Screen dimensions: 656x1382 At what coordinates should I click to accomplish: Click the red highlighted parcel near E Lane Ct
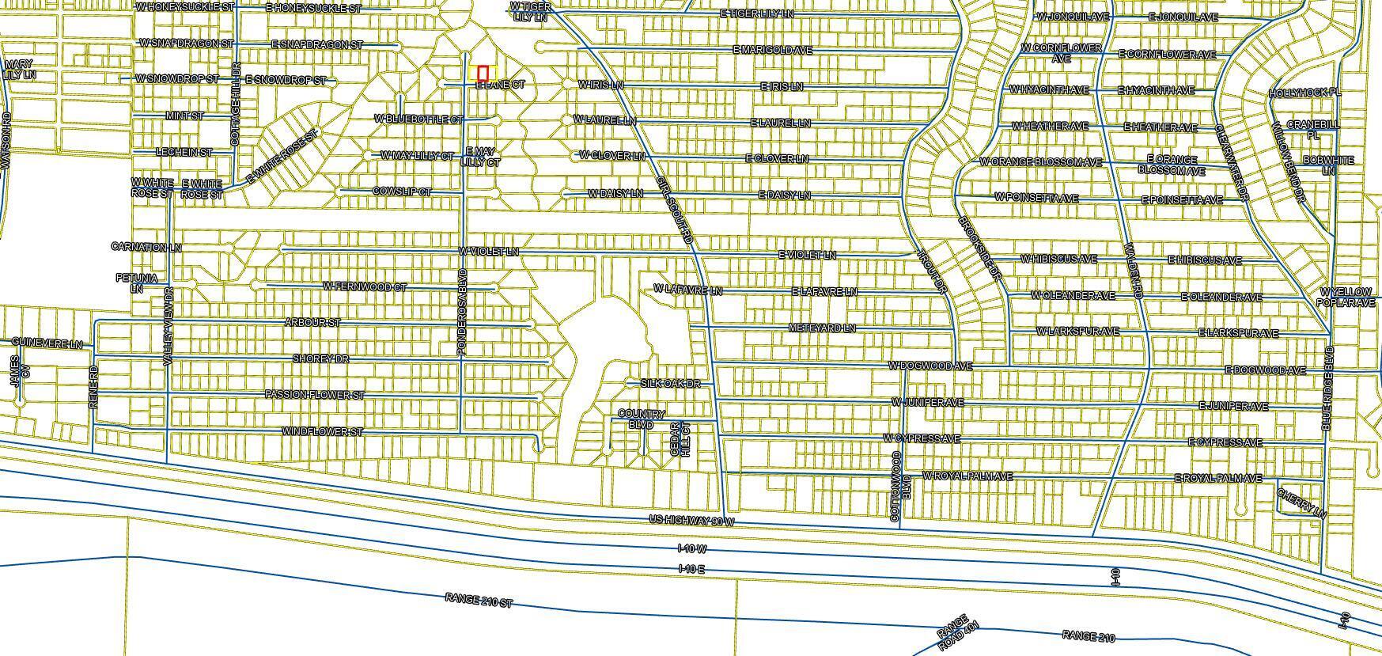[483, 73]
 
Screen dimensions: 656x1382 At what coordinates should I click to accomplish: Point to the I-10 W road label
[691, 548]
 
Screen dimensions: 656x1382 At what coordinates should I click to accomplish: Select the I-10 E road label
[691, 569]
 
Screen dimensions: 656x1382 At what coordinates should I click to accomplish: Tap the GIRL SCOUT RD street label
[674, 210]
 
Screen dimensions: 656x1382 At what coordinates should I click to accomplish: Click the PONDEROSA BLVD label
[463, 312]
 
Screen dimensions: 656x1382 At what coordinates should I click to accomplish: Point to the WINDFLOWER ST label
[322, 432]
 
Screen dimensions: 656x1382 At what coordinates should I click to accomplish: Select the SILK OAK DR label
[670, 384]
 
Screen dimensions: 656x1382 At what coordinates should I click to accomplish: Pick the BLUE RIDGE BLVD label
[1327, 388]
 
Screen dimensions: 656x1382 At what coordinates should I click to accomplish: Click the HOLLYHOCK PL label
[1304, 93]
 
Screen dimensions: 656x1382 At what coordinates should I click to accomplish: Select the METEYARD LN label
[822, 328]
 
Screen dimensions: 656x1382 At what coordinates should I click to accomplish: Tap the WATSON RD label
[6, 141]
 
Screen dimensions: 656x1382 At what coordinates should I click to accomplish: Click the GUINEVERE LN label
[47, 343]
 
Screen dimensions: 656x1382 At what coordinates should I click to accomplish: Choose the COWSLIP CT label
[402, 192]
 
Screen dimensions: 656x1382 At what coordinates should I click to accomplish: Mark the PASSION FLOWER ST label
[314, 395]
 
